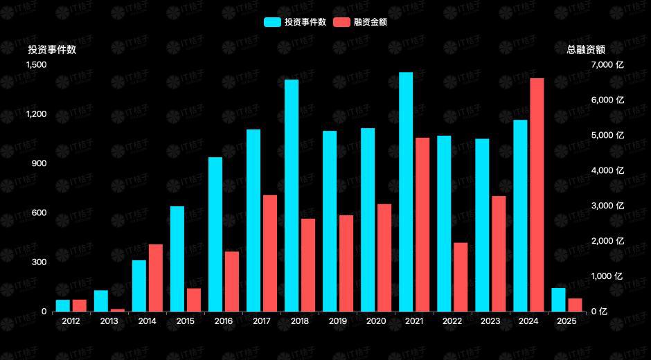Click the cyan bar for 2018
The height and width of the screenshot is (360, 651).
(x=292, y=195)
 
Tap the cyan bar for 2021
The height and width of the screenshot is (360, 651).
(x=406, y=192)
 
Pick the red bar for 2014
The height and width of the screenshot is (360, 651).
(x=155, y=278)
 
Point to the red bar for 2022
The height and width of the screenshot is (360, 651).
(x=461, y=277)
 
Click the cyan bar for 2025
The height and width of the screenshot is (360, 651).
(x=558, y=300)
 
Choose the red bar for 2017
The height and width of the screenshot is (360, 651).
(x=270, y=253)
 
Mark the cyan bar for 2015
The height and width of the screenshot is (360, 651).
(x=177, y=259)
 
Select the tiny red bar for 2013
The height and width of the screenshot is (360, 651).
(x=118, y=309)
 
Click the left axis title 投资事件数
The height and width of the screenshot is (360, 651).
(x=52, y=50)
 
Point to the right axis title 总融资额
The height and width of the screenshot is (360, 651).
(x=585, y=50)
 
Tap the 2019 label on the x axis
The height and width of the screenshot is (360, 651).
(x=338, y=321)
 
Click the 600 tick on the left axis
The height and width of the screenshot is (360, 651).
(x=39, y=213)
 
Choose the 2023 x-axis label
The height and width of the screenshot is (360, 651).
(x=490, y=321)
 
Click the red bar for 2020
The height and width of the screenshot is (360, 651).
(x=384, y=258)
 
